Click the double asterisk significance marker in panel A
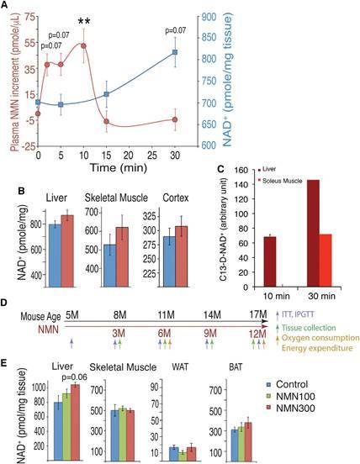[84, 21]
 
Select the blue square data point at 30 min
[175, 52]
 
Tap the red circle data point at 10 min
[83, 45]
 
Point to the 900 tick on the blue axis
[209, 17]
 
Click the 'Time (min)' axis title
[119, 168]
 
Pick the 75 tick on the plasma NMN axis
[29, 17]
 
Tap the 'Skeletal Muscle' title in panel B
[116, 198]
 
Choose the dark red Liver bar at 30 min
[313, 233]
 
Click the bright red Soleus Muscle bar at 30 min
[326, 261]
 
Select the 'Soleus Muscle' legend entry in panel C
[280, 181]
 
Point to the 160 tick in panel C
[241, 170]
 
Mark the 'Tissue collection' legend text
[309, 328]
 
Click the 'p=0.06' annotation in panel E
[74, 377]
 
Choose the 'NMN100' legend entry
[295, 396]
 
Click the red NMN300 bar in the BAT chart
[248, 442]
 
